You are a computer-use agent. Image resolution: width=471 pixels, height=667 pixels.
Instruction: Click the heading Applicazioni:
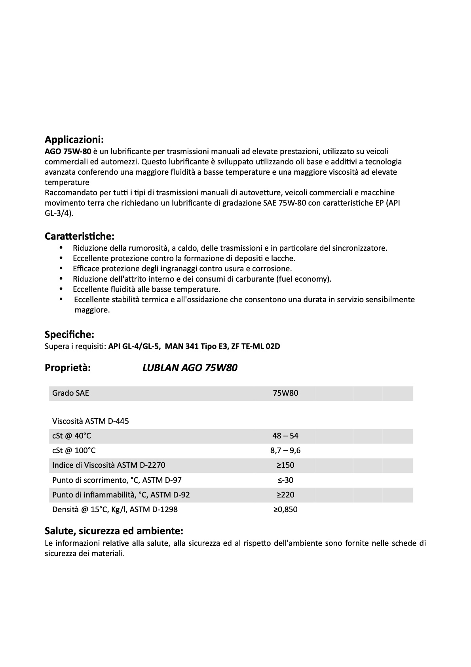coord(74,139)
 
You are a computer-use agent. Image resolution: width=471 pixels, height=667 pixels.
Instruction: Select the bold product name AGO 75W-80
coord(68,151)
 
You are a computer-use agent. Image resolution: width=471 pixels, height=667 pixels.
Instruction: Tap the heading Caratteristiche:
coord(79,236)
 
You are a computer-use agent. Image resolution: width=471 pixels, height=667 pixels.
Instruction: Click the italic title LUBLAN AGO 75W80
coord(190,368)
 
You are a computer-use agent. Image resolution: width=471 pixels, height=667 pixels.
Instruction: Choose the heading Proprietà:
coord(68,368)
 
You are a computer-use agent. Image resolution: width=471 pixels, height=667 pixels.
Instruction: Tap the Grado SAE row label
coord(70,393)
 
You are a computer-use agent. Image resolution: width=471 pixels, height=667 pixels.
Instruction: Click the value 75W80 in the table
coord(285,393)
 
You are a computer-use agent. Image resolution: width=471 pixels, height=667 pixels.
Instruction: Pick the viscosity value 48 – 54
coord(285,436)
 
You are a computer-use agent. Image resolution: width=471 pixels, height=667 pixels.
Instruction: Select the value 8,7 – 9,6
coord(285,450)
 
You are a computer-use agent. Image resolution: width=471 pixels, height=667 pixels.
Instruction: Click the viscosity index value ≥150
coord(285,465)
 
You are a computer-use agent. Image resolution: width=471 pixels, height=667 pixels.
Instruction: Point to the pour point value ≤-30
coord(285,480)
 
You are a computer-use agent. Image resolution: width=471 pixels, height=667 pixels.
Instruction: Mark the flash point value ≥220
coord(285,495)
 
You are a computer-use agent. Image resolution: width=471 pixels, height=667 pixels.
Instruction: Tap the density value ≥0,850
coord(285,509)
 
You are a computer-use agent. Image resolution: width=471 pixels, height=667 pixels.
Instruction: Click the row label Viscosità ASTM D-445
coord(91,421)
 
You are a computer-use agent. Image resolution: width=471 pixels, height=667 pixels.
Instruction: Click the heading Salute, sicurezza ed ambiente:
coord(114,531)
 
